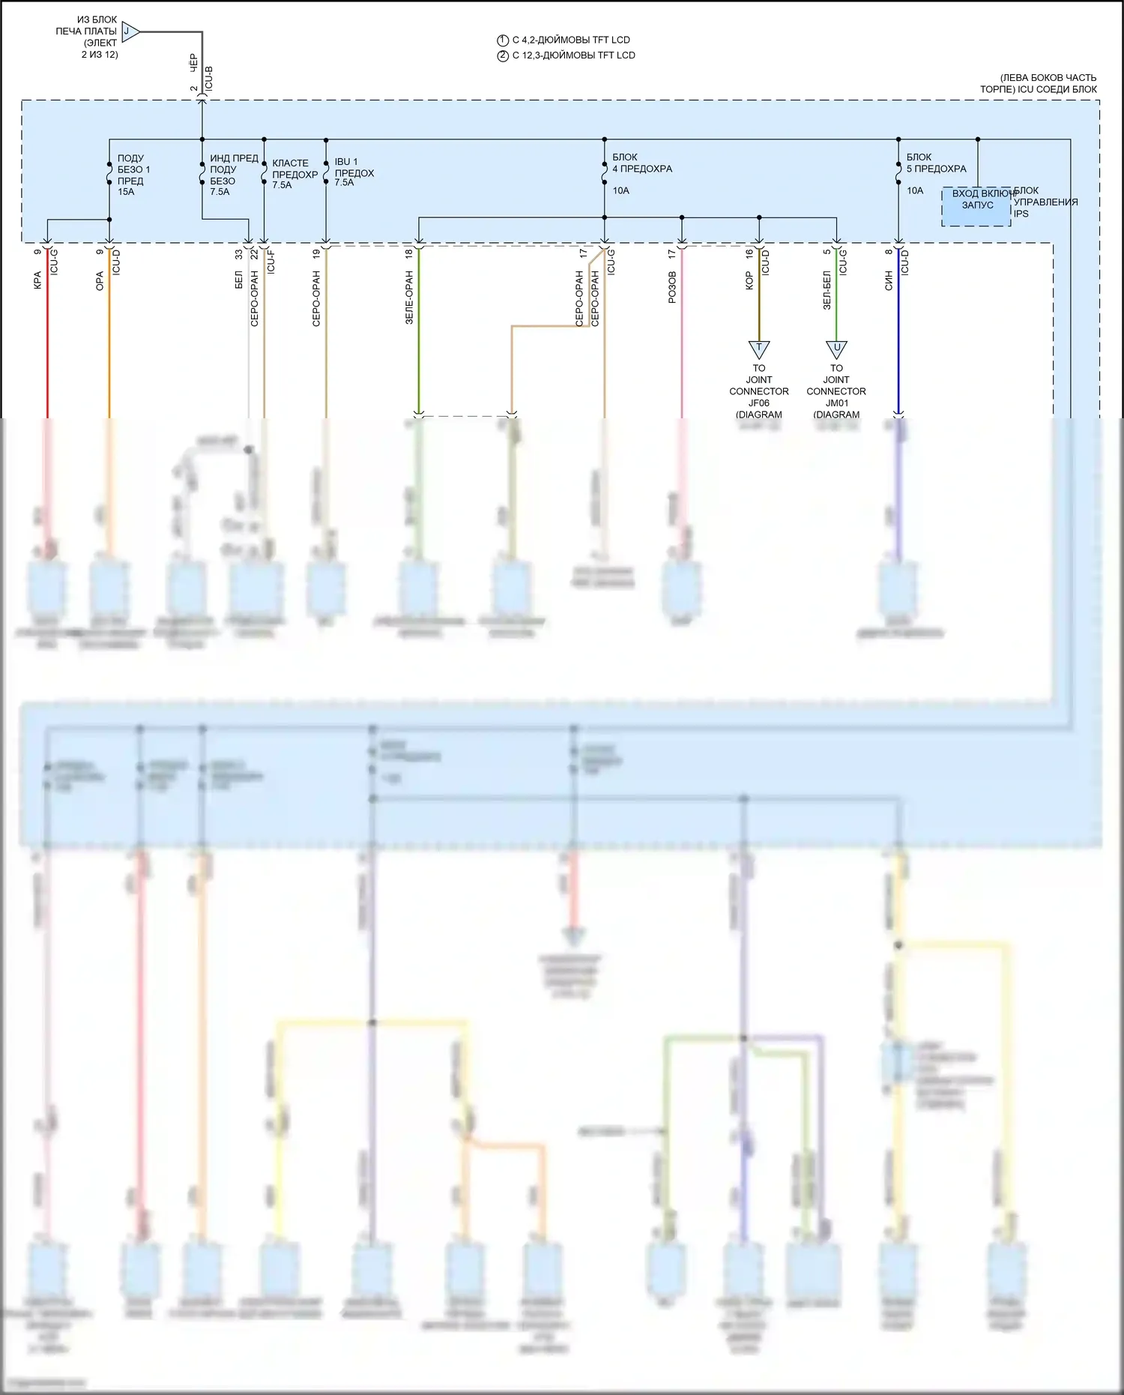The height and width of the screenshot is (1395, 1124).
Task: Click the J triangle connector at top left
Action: coord(129,31)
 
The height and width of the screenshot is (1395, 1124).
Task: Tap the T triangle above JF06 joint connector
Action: coord(759,349)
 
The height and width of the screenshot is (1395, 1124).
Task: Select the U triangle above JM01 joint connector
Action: coord(836,349)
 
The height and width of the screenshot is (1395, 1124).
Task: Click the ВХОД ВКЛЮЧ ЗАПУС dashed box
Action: coord(976,206)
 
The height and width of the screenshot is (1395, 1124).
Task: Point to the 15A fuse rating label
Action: coord(126,192)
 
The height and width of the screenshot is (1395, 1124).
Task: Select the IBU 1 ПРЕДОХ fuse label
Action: coord(354,172)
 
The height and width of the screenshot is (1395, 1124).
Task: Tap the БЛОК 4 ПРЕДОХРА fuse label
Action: coord(641,163)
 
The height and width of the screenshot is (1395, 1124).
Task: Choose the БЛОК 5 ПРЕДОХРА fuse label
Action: coord(936,163)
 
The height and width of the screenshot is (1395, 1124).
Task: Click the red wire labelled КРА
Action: coord(48,337)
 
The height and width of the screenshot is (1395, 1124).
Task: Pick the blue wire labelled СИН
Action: coord(898,337)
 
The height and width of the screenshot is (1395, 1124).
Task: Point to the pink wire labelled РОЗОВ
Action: coord(682,337)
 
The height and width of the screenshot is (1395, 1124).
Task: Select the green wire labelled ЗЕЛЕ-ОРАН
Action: coord(419,337)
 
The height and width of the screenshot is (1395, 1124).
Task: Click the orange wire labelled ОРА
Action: coord(109,337)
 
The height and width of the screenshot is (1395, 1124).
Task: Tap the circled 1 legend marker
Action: coord(503,40)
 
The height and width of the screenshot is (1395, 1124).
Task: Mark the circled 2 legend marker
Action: coord(503,55)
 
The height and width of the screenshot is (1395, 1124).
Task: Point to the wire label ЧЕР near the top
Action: coord(193,63)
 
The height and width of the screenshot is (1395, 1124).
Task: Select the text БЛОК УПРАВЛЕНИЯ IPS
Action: coord(1045,202)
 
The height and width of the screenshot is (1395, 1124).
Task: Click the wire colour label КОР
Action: coord(749,280)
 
